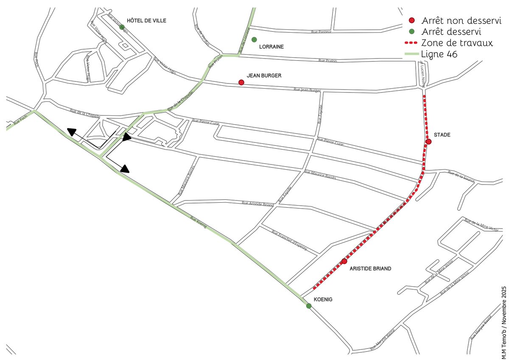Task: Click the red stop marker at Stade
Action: pos(429,142)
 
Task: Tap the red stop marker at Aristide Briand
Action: pos(344,261)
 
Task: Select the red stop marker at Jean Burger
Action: pos(241,82)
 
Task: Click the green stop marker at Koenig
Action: pos(309,306)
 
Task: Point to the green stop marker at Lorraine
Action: pos(254,39)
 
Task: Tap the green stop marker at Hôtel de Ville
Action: pos(122,27)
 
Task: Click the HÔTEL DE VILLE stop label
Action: pos(146,20)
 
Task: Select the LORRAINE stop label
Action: pos(272,47)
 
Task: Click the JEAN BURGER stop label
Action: pos(264,75)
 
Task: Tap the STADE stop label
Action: pos(442,135)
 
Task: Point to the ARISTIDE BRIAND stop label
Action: pos(370,269)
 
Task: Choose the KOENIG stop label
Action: pos(324,299)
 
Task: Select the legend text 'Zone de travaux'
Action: pos(456,43)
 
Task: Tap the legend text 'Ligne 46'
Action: pos(439,54)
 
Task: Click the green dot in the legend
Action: pos(411,31)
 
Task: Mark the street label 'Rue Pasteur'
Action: pos(321,31)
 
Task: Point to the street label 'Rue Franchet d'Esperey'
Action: pos(289,240)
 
